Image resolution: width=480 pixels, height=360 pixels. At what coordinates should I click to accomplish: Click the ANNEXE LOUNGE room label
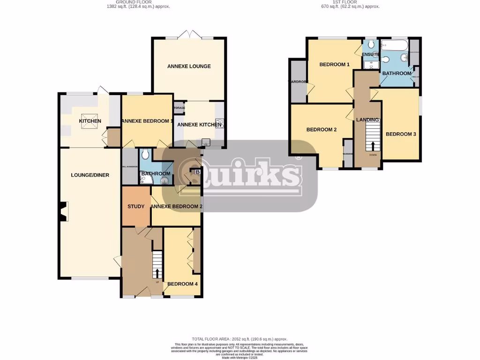[189, 67]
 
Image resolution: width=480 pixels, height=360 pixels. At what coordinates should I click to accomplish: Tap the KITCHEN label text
[90, 121]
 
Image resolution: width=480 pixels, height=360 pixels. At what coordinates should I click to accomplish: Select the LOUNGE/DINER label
[90, 175]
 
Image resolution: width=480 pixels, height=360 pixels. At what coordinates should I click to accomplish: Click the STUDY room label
[136, 206]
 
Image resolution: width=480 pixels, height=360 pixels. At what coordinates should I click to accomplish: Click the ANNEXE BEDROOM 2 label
[176, 206]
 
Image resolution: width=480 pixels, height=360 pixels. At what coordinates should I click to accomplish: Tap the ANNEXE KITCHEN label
[199, 125]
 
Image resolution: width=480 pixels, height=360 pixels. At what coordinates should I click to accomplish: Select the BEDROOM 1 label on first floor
[335, 65]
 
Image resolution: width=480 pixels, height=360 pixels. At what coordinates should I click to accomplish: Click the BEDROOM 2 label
[322, 130]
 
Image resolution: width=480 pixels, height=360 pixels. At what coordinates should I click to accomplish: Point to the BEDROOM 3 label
[401, 134]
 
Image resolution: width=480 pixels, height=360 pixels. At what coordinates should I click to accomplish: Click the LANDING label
[367, 120]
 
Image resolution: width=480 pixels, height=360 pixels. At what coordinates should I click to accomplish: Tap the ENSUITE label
[370, 55]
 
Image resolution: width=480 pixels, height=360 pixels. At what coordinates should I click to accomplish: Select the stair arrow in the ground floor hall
[157, 273]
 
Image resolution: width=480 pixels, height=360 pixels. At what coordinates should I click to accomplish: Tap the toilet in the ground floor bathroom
[145, 153]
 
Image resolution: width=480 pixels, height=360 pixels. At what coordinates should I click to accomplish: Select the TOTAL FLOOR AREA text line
[240, 339]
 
